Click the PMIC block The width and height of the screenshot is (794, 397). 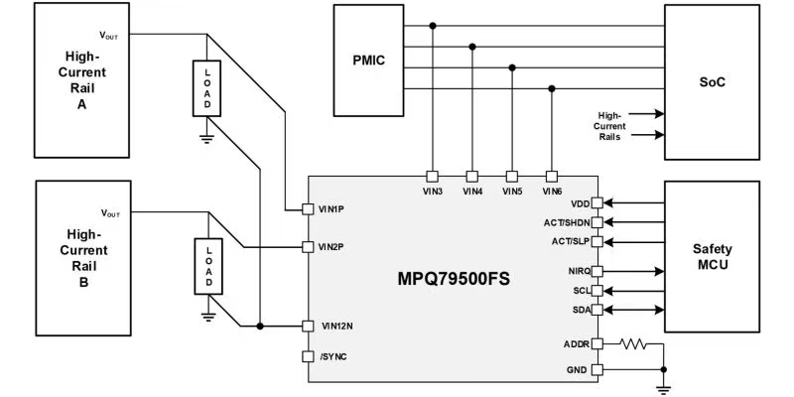tap(370, 60)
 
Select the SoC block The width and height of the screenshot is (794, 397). tap(711, 81)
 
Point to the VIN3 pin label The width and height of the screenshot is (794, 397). tap(432, 192)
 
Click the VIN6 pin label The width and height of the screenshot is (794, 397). tap(553, 192)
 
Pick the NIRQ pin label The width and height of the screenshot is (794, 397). tap(579, 271)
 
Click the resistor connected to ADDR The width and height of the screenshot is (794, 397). tap(631, 345)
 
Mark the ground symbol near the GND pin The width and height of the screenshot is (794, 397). tap(663, 386)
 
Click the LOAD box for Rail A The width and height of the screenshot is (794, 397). tap(207, 90)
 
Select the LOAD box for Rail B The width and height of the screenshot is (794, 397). tap(207, 267)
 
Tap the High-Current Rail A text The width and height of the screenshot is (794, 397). tap(82, 78)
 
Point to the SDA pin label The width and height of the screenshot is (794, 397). tap(582, 311)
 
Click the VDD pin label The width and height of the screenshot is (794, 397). tap(581, 202)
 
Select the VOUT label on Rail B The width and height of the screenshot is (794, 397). tap(111, 212)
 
